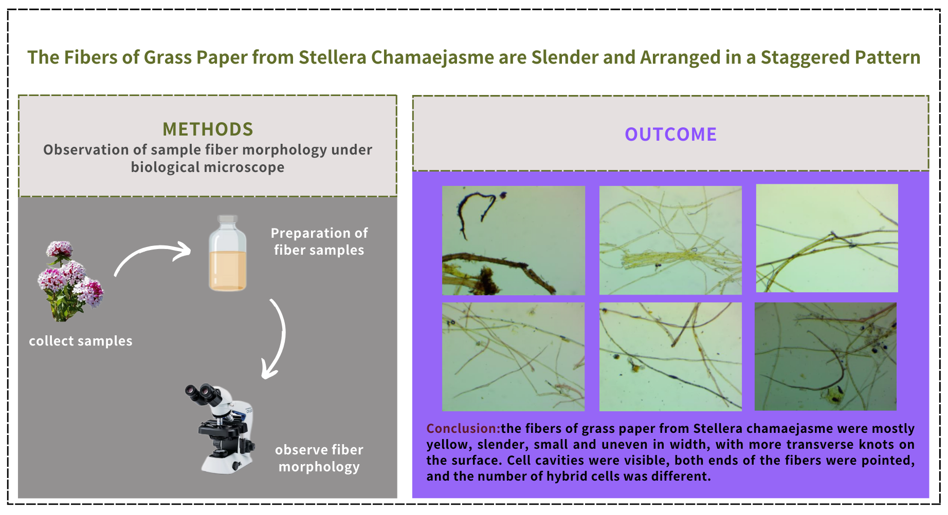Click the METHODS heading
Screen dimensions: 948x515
208,129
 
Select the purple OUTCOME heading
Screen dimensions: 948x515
670,134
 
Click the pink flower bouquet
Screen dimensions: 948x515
70,281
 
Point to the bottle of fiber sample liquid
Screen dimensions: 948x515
228,253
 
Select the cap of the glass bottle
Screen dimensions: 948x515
228,220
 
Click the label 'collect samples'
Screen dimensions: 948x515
81,341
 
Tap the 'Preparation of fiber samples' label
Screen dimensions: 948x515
319,241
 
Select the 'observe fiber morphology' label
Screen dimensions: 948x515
319,458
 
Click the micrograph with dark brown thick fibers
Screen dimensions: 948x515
514,240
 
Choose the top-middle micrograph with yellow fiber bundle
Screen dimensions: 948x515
670,240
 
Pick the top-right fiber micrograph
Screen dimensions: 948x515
827,238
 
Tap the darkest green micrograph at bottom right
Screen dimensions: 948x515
826,356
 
